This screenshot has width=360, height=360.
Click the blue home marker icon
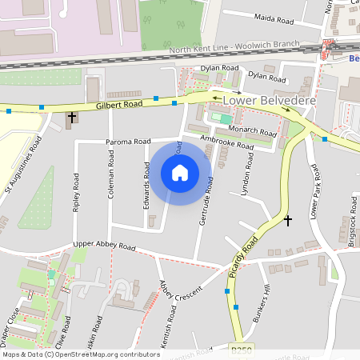point(180,173)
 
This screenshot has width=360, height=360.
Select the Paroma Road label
point(128,142)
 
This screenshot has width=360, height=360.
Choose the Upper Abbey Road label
point(104,246)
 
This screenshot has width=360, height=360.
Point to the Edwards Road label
point(147,186)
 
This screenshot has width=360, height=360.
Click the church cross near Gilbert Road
point(72,118)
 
